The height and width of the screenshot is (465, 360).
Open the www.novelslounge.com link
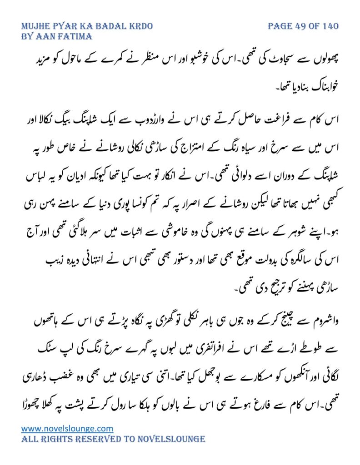tap(67, 428)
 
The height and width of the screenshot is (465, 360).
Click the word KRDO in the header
tap(139, 26)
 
